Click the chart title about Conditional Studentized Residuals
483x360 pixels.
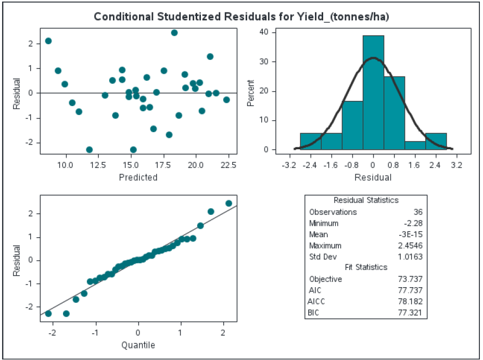click(x=241, y=17)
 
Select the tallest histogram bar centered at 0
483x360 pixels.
click(x=373, y=94)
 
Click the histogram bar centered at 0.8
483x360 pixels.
click(x=394, y=113)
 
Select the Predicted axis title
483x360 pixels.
click(x=138, y=177)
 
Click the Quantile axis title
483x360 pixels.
click(x=138, y=344)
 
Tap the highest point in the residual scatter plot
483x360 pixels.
click(x=174, y=33)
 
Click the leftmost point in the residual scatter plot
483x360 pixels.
click(x=48, y=41)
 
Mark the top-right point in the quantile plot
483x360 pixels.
click(x=228, y=203)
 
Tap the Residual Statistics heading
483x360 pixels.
click(x=366, y=200)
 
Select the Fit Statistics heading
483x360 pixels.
click(x=366, y=267)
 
